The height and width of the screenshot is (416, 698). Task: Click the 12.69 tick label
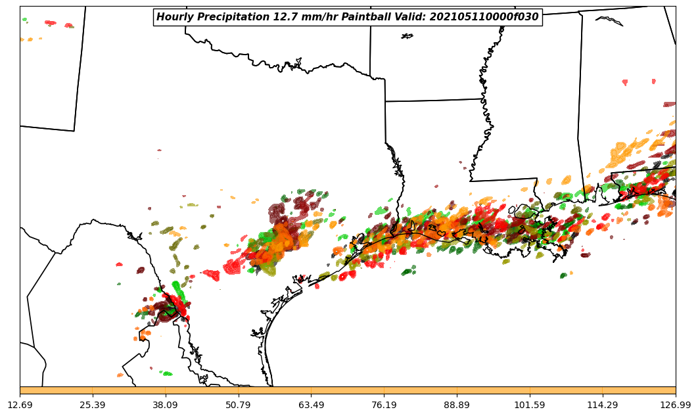click(x=20, y=405)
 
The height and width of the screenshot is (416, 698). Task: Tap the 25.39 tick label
click(x=93, y=405)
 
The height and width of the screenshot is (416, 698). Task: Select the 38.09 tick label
click(x=166, y=405)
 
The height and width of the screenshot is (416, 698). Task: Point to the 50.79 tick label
click(x=238, y=405)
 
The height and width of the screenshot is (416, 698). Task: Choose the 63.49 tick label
click(x=311, y=405)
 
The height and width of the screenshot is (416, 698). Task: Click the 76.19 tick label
click(x=384, y=405)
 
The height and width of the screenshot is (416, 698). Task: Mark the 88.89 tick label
click(x=457, y=405)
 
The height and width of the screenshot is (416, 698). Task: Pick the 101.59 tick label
click(x=530, y=405)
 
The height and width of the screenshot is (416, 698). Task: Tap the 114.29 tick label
click(x=602, y=405)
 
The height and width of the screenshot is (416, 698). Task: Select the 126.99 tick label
click(x=675, y=405)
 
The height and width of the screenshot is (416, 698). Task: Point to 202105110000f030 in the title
click(x=486, y=17)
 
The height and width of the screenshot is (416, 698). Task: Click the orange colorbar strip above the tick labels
click(x=348, y=390)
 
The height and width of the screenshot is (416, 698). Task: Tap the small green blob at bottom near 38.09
click(x=167, y=373)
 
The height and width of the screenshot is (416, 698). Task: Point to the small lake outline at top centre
click(x=407, y=36)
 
